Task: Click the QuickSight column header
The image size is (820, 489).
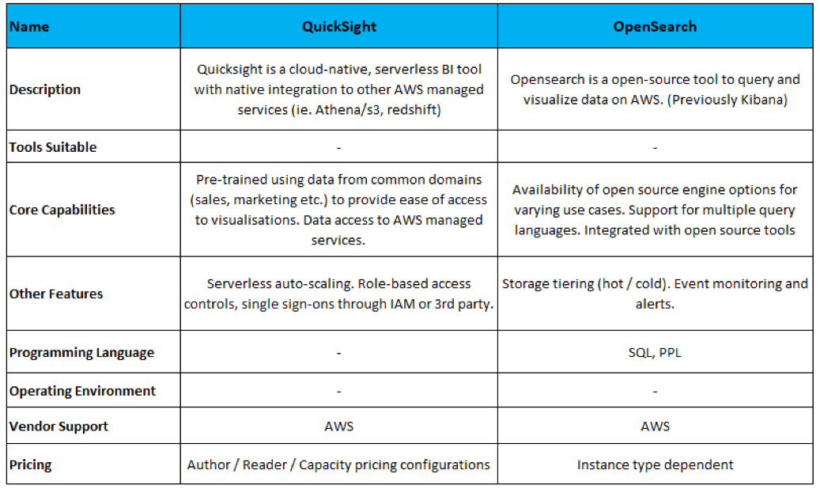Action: pyautogui.click(x=338, y=27)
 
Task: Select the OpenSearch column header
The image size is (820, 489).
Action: pyautogui.click(x=655, y=27)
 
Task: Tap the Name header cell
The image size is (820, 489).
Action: pyautogui.click(x=29, y=27)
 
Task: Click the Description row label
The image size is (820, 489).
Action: pyautogui.click(x=45, y=89)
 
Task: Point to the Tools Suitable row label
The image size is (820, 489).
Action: pyautogui.click(x=53, y=147)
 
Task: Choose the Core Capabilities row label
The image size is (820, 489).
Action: pyautogui.click(x=62, y=210)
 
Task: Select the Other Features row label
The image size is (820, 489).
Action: pyautogui.click(x=56, y=294)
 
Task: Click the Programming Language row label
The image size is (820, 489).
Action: pyautogui.click(x=82, y=353)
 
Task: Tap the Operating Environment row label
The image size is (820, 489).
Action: pyautogui.click(x=83, y=391)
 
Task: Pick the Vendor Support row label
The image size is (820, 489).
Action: pyautogui.click(x=59, y=426)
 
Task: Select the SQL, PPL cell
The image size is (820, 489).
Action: pyautogui.click(x=655, y=353)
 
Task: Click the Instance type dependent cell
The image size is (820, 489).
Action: pyautogui.click(x=655, y=464)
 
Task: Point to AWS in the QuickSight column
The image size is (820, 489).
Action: pyautogui.click(x=338, y=426)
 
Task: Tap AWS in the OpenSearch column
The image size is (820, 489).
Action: pyautogui.click(x=655, y=426)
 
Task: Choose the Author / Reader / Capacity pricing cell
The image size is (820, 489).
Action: pyautogui.click(x=338, y=464)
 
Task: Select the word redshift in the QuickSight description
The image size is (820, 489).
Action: pyautogui.click(x=410, y=110)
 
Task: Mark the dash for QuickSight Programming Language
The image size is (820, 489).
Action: pyautogui.click(x=338, y=353)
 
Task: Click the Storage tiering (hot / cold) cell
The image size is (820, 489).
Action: pyautogui.click(x=655, y=294)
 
